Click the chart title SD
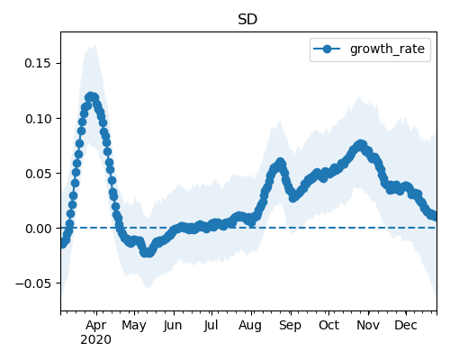247,20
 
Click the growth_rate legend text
387,49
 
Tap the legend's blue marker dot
327,49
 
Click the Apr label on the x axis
95,326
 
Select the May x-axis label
134,326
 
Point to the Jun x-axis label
173,326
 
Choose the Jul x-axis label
211,326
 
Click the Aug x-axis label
250,326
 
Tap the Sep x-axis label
290,326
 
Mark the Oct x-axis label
328,326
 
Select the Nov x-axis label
368,326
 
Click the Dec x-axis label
406,326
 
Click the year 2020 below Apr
95,340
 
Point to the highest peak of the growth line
91,96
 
